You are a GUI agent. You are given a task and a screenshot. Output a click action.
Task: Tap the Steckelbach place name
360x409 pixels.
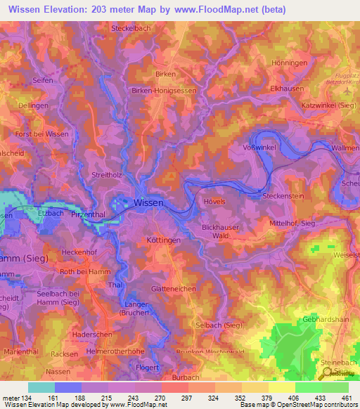pyautogui.click(x=131, y=29)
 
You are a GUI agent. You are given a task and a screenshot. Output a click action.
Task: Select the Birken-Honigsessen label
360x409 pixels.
pyautogui.click(x=164, y=91)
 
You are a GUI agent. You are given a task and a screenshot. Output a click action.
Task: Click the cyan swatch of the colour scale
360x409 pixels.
pyautogui.click(x=41, y=387)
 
